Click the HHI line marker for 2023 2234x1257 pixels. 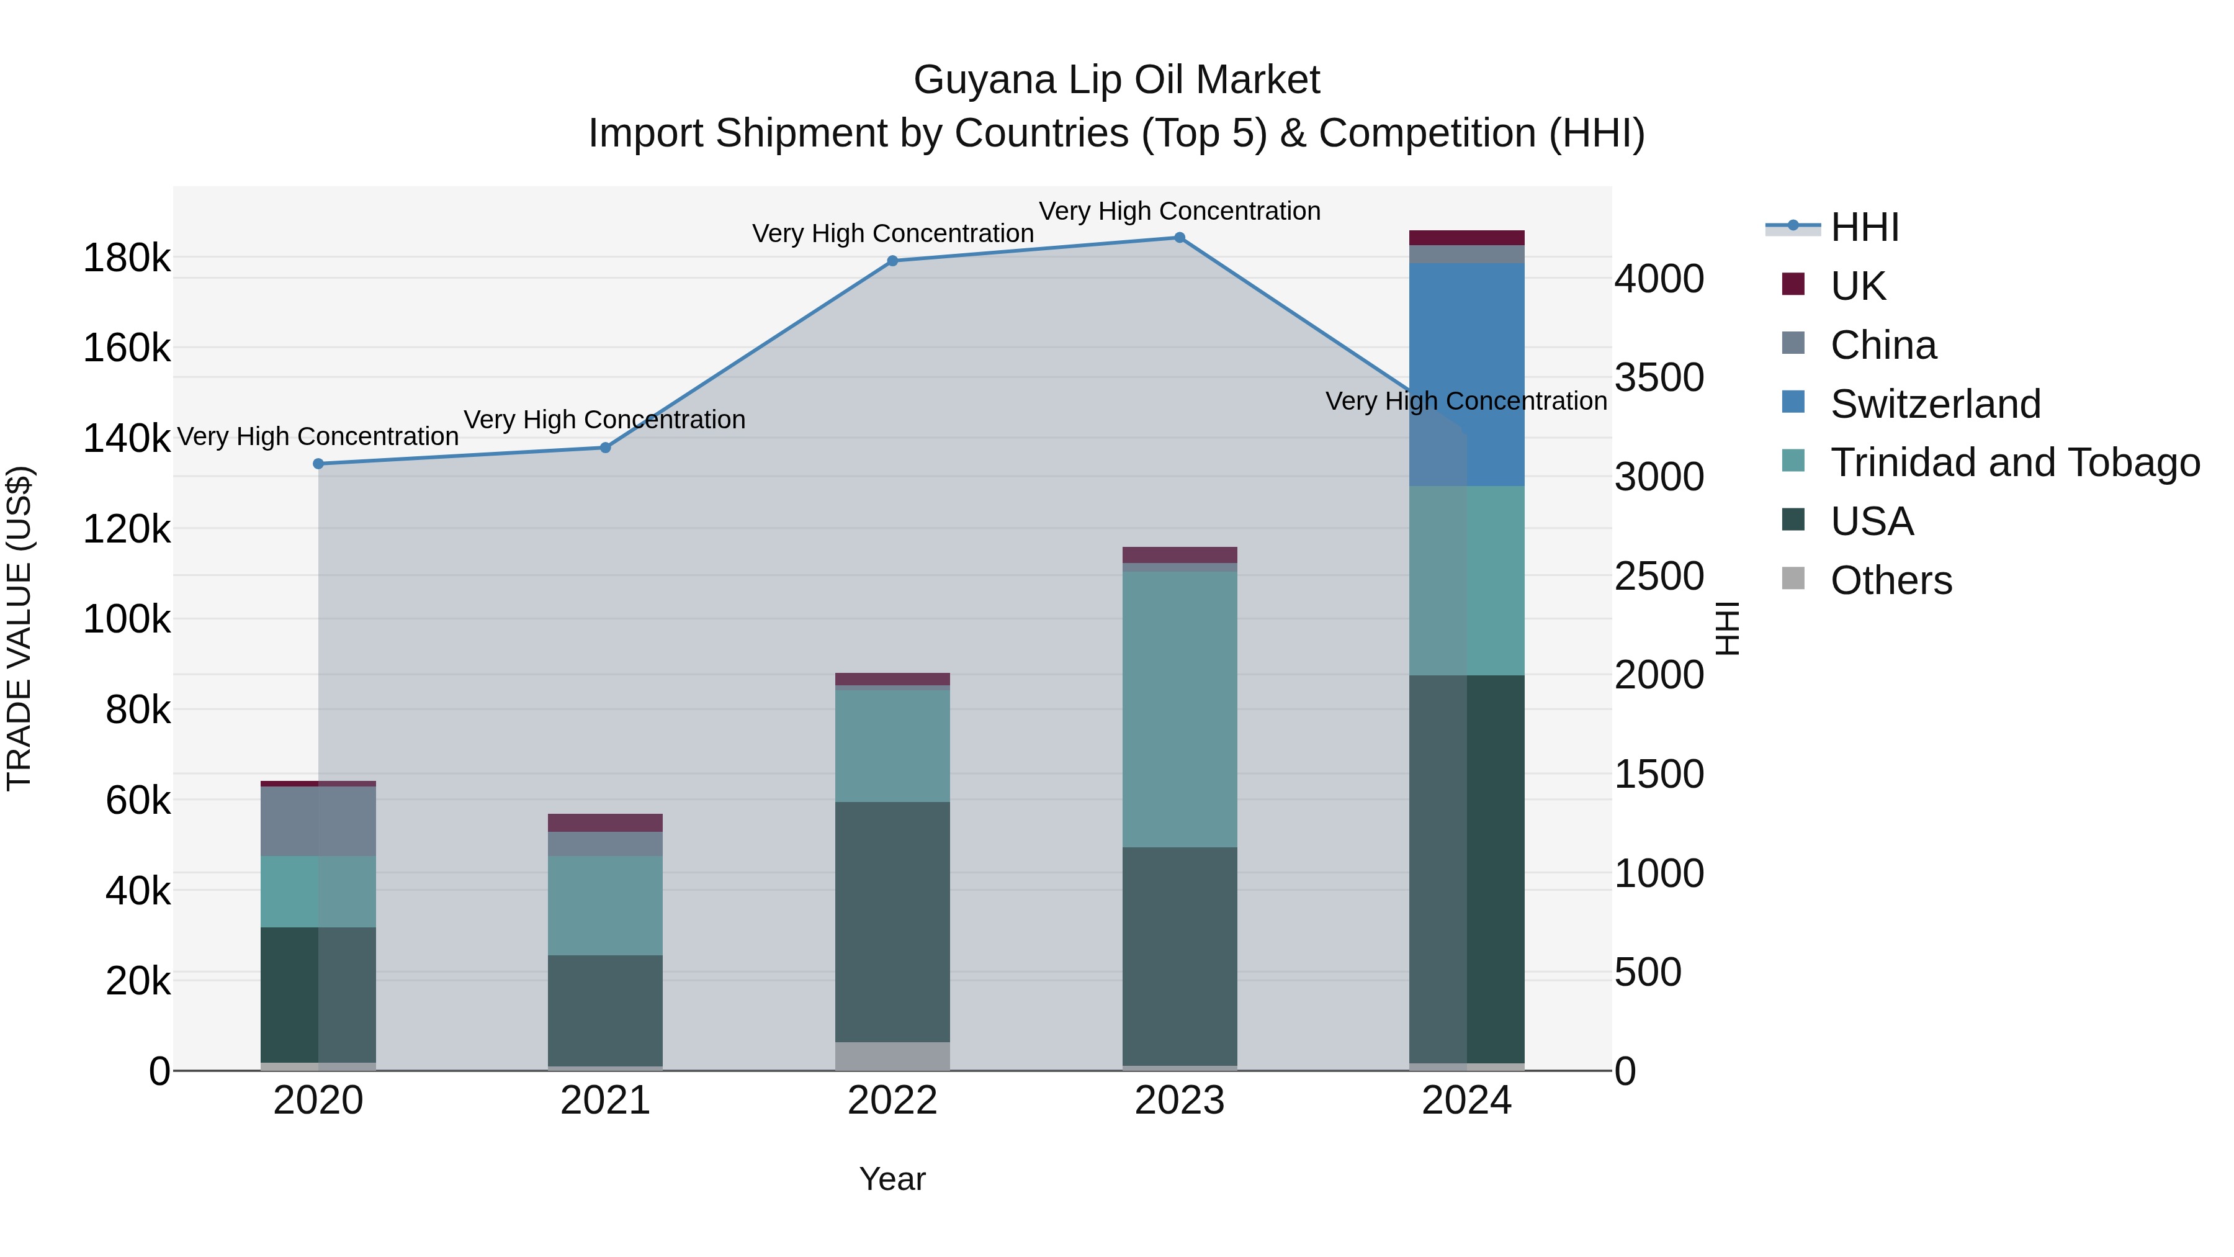click(1180, 238)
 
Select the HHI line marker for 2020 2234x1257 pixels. click(318, 464)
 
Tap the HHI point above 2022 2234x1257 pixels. click(892, 261)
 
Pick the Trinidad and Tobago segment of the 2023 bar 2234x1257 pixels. click(1180, 709)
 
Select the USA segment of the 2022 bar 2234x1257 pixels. click(892, 921)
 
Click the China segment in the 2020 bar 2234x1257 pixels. click(318, 821)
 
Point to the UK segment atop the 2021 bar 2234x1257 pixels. click(605, 822)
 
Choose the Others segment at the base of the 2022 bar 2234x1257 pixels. click(892, 1056)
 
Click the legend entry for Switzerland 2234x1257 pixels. click(1935, 404)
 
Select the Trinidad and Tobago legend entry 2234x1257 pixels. click(2014, 462)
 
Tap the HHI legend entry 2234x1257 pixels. click(1865, 227)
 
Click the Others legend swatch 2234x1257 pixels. click(1793, 579)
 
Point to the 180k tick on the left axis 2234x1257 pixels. click(127, 258)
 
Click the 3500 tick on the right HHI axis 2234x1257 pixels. click(1659, 378)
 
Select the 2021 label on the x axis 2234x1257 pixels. click(605, 1101)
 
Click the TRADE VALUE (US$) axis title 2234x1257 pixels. click(19, 628)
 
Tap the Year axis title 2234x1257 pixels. click(892, 1179)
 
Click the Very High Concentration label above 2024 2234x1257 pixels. click(1466, 402)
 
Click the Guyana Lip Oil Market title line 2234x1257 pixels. click(1116, 81)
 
